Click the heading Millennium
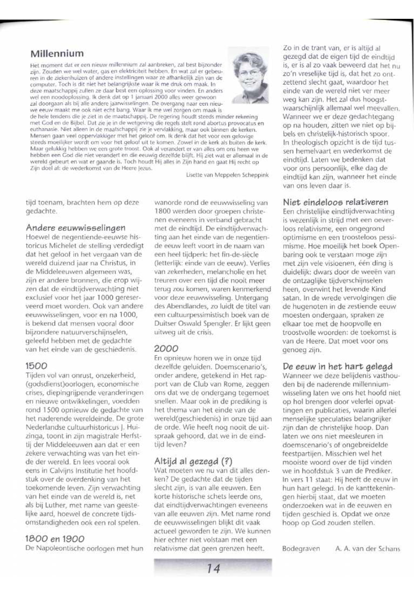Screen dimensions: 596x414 point(57,54)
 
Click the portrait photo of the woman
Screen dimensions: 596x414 point(248,75)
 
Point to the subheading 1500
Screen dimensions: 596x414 point(36,366)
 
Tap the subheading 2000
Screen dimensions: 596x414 point(166,348)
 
